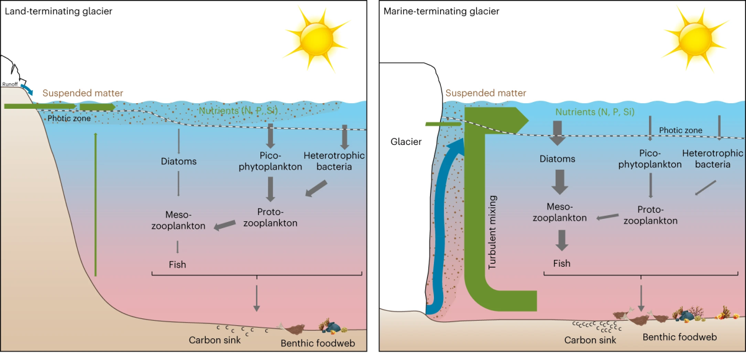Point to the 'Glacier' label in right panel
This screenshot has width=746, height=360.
point(407,141)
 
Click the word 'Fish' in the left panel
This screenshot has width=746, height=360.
point(177,264)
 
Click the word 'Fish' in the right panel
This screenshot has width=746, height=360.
point(561,263)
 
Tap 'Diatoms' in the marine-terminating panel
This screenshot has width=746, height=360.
point(557,159)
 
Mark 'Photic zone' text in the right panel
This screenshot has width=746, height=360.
point(681,130)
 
